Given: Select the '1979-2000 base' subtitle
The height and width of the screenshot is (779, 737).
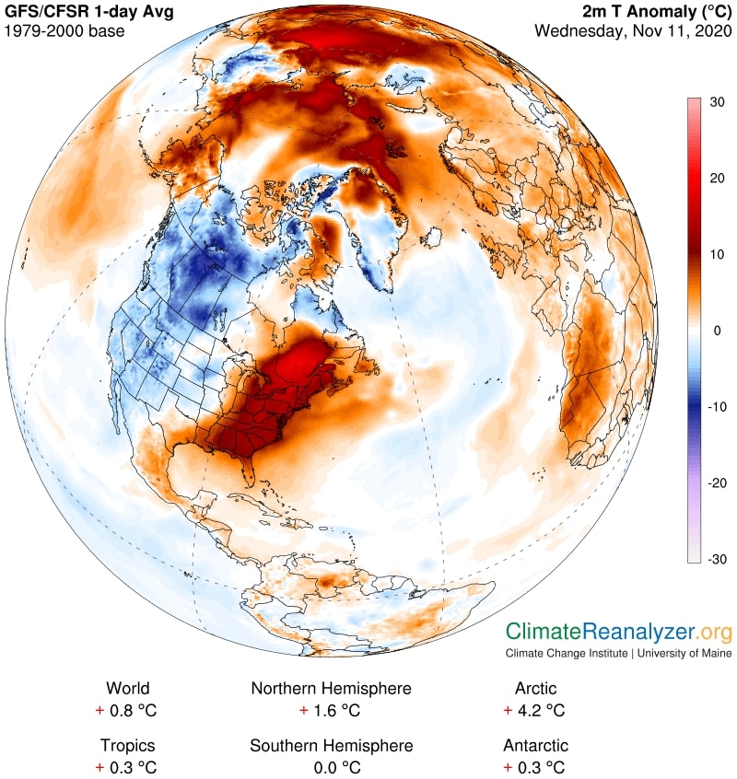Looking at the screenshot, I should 64,31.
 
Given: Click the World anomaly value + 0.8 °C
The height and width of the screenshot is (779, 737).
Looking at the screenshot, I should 128,711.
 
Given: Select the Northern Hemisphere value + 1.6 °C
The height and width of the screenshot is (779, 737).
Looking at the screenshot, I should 331,711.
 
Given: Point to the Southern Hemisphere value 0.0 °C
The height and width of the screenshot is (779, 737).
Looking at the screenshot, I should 331,768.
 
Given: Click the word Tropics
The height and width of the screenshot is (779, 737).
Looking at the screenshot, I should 128,746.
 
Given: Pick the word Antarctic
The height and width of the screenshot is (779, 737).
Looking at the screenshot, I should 535,746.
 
